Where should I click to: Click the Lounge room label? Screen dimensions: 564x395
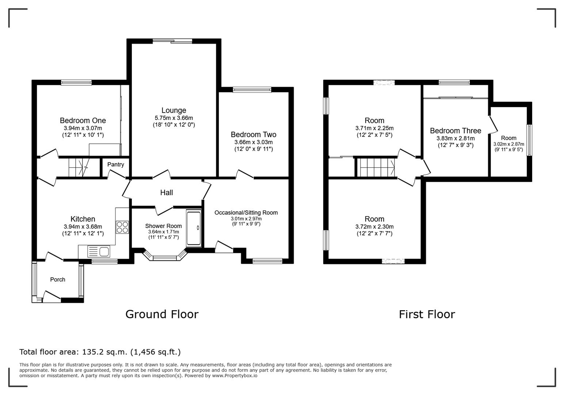(x=174, y=110)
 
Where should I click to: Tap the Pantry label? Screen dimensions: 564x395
(x=115, y=165)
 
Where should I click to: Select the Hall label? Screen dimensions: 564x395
(x=167, y=193)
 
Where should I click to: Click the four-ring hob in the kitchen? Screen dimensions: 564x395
(x=122, y=227)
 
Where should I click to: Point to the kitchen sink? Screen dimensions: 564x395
(x=99, y=252)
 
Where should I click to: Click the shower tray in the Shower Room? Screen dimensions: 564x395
(x=194, y=228)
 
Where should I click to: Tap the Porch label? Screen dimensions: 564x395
(x=58, y=279)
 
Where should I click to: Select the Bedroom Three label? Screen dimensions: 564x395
(x=456, y=131)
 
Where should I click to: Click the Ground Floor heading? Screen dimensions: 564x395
(x=162, y=314)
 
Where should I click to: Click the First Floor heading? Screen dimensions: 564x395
(x=427, y=314)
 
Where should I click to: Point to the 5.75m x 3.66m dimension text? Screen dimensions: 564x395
(x=174, y=118)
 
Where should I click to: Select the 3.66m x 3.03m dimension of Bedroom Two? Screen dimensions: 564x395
(x=254, y=142)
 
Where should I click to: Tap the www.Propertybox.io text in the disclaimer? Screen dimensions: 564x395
(x=235, y=376)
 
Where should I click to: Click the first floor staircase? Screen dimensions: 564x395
(x=376, y=168)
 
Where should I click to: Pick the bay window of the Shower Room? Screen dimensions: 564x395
(x=165, y=255)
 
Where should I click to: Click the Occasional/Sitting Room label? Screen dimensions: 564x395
(x=246, y=213)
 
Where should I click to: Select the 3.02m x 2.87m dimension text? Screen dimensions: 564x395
(x=508, y=144)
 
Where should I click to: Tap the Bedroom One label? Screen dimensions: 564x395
(x=83, y=120)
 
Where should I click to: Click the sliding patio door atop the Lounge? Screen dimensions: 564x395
(x=172, y=41)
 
